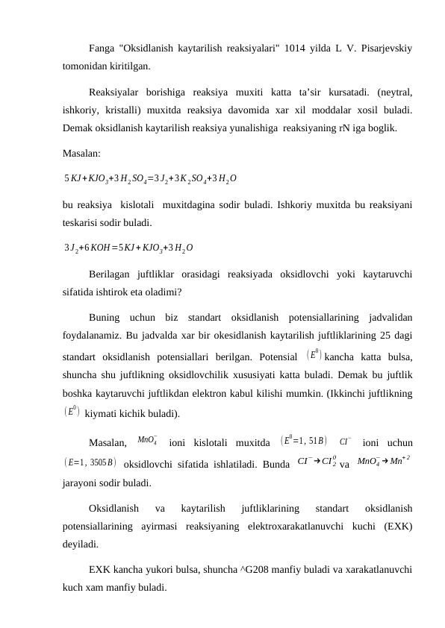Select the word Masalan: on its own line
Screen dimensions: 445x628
(x=81, y=154)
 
